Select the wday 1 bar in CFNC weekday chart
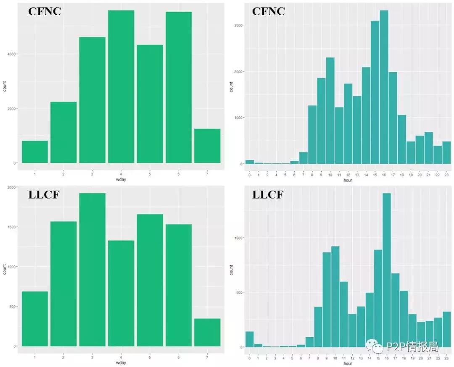coord(35,152)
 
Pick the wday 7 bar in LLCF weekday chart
coord(207,332)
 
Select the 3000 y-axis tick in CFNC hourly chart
coord(238,25)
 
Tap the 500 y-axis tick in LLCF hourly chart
coord(238,293)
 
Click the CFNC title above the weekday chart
coord(45,11)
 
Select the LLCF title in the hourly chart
coord(268,195)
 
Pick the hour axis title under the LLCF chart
coord(348,363)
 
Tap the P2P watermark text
coord(412,346)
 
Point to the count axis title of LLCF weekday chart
coord(5,269)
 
